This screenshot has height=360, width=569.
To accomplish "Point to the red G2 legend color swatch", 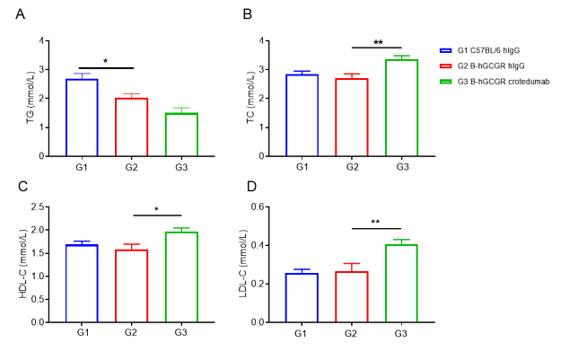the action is click(x=446, y=66).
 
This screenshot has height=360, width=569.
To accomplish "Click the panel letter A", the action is click(x=21, y=14).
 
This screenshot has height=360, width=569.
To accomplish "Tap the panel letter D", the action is click(x=251, y=187).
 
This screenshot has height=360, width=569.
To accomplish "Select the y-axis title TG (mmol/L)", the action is click(x=31, y=98).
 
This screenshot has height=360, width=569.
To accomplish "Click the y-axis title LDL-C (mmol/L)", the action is click(x=243, y=264).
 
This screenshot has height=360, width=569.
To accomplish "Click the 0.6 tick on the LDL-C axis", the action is click(x=258, y=206).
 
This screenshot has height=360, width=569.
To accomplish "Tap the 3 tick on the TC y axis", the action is click(x=261, y=70).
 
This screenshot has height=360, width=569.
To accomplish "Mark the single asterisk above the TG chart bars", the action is click(x=106, y=61).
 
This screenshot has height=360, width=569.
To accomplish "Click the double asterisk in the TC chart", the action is click(x=378, y=42).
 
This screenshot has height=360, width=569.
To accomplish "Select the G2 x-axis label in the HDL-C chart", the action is click(x=131, y=332).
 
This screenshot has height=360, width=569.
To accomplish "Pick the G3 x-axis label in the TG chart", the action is click(x=181, y=167).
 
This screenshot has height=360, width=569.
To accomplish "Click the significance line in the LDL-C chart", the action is click(x=376, y=229).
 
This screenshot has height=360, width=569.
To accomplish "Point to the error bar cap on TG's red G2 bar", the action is click(x=132, y=94).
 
